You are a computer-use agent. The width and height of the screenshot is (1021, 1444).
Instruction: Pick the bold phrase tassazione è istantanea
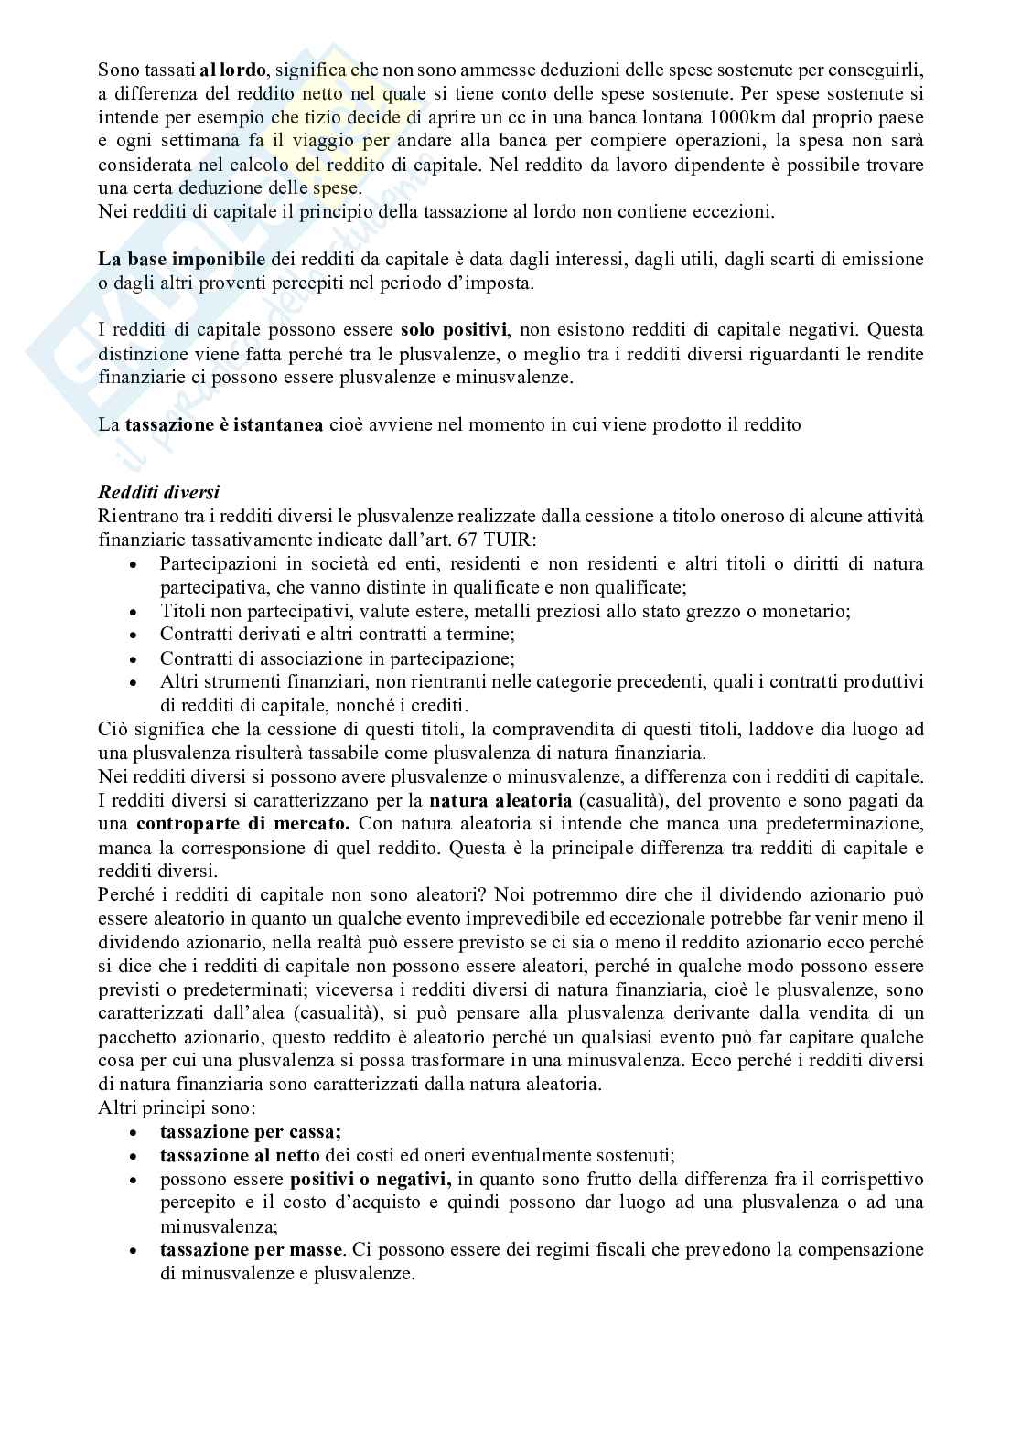(x=224, y=425)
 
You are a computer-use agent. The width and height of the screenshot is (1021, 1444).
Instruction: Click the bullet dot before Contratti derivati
(x=134, y=636)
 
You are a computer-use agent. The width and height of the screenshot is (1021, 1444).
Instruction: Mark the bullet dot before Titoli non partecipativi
(x=134, y=612)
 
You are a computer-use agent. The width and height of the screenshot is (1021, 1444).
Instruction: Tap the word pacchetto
(x=136, y=1036)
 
